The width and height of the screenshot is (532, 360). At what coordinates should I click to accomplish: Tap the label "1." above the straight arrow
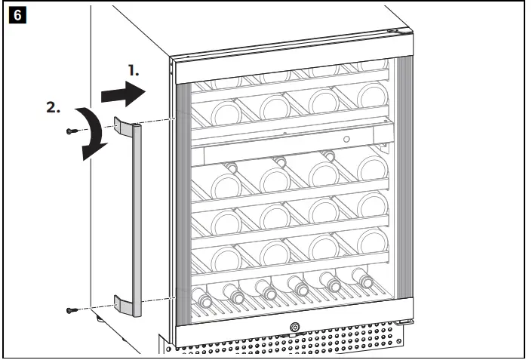point(133,70)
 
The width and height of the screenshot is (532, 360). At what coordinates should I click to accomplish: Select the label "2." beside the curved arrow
point(54,107)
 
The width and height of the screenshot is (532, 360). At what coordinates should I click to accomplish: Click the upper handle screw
point(71,131)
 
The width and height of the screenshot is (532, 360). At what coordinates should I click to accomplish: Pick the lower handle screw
point(70,309)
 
